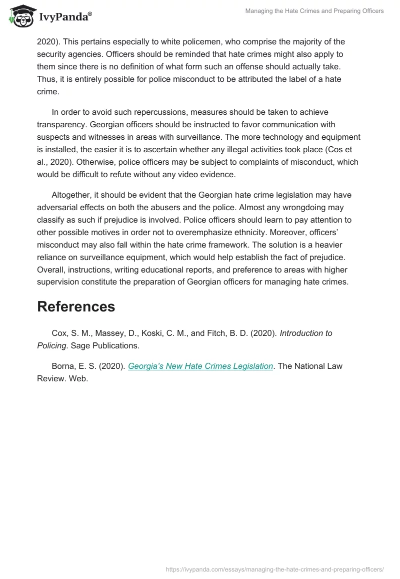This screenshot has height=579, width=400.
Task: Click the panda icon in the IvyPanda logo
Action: pyautogui.click(x=19, y=16)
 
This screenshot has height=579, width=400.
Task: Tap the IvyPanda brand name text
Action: pyautogui.click(x=64, y=17)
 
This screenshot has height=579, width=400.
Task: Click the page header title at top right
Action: pyautogui.click(x=314, y=11)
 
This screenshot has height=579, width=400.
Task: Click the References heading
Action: pyautogui.click(x=76, y=306)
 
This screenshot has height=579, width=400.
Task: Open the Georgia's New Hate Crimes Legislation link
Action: pyautogui.click(x=200, y=366)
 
